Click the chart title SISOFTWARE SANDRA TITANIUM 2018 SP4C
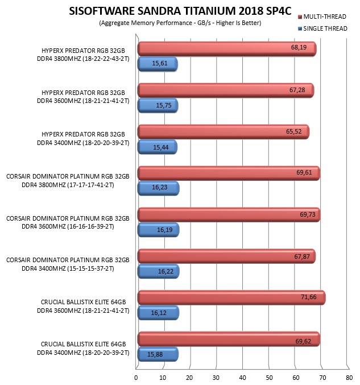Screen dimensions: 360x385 coord(180,11)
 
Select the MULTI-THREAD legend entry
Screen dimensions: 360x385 coord(322,16)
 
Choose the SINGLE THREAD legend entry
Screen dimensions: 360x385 coord(322,29)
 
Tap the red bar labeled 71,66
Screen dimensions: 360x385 coord(231,297)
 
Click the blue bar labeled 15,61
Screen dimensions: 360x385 coord(158,64)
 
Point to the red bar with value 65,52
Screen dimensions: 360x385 coord(223,132)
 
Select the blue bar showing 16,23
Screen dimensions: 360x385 coord(158,188)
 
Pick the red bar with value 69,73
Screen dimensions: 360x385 coord(229,214)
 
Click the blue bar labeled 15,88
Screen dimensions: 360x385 coord(158,354)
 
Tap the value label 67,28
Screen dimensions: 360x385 coord(297,90)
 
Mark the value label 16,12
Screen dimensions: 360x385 coord(159,313)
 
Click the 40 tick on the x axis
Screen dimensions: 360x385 coord(242,378)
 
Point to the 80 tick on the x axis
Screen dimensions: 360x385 coord(349,378)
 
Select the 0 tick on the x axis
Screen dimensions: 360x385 coord(136,378)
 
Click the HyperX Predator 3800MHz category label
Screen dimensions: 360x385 coord(83,55)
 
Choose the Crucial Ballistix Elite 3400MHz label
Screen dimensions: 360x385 coord(83,348)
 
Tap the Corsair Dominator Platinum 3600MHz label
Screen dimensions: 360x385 coord(68,222)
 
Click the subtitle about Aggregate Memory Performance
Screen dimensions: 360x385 coord(180,23)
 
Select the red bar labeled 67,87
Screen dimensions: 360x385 coord(226,256)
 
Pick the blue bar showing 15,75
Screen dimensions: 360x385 coord(158,106)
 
